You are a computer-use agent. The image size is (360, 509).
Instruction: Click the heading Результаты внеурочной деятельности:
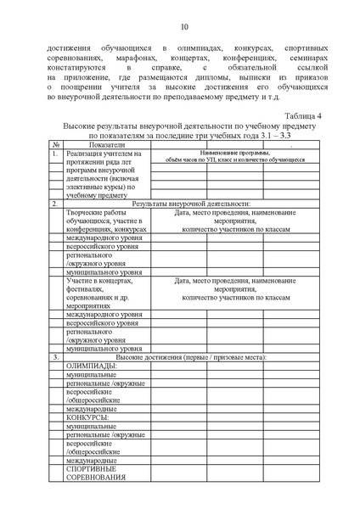click(x=200, y=204)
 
